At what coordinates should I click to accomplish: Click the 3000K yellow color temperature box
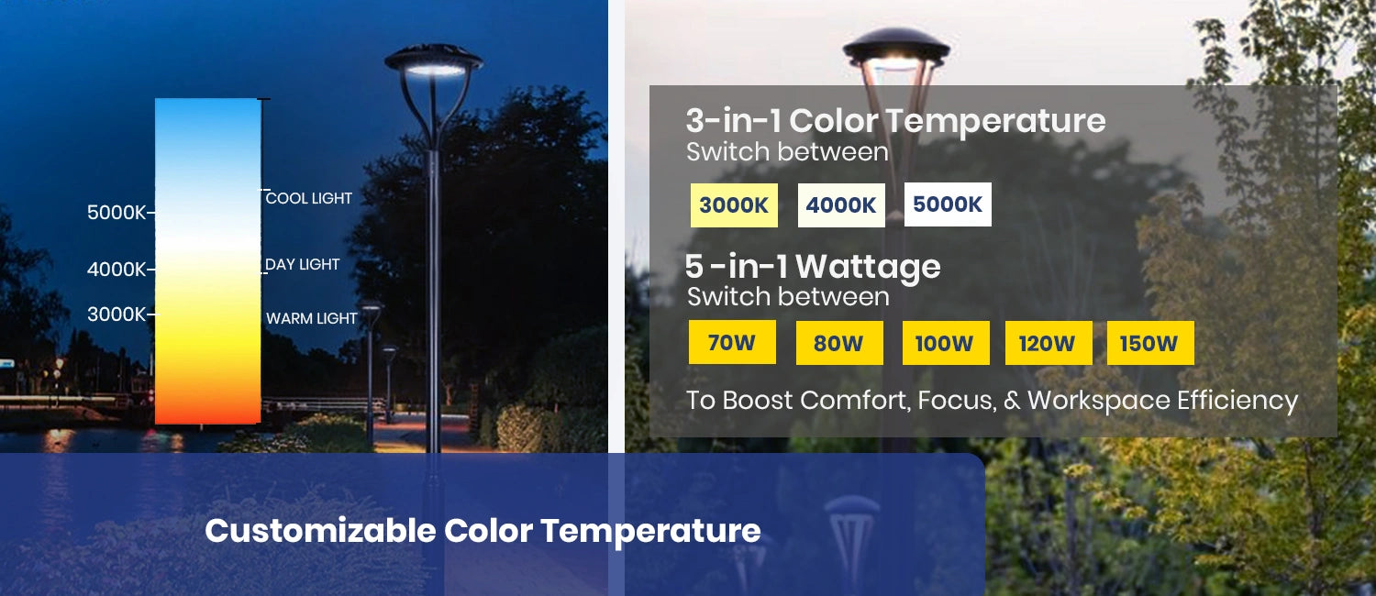pyautogui.click(x=734, y=205)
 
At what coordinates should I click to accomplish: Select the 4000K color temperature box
pyautogui.click(x=841, y=205)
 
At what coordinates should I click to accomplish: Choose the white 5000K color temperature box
pyautogui.click(x=948, y=204)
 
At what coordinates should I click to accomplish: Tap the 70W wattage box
pyautogui.click(x=732, y=343)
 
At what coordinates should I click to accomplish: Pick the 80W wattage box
pyautogui.click(x=839, y=343)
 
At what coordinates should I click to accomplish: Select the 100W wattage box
pyautogui.click(x=946, y=343)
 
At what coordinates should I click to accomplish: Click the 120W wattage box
pyautogui.click(x=1049, y=343)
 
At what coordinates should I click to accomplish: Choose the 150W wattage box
pyautogui.click(x=1150, y=343)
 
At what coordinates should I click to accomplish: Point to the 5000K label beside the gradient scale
pyautogui.click(x=117, y=213)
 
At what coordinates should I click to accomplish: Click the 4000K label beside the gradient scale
pyautogui.click(x=117, y=270)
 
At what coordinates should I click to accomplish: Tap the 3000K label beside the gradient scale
pyautogui.click(x=117, y=315)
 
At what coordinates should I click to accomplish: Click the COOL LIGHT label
pyautogui.click(x=309, y=198)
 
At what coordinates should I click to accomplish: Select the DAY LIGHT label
pyautogui.click(x=302, y=265)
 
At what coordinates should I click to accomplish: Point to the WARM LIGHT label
pyautogui.click(x=312, y=318)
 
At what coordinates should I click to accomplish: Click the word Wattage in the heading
pyautogui.click(x=868, y=268)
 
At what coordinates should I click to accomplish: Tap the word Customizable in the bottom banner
pyautogui.click(x=320, y=530)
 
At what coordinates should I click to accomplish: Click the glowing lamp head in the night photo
pyautogui.click(x=434, y=62)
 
